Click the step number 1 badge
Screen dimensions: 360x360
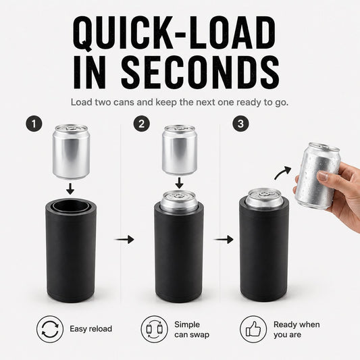pos(34,124)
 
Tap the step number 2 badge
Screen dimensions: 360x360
pos(142,124)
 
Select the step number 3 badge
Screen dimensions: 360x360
pos(240,124)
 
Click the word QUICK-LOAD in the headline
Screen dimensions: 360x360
pos(174,33)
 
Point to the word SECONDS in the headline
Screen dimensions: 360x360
pos(200,72)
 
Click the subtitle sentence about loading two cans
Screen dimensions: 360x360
pos(179,102)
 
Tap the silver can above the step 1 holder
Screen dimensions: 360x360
pos(71,151)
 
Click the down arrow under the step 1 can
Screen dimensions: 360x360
pos(70,188)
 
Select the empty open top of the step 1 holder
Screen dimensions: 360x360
pos(70,205)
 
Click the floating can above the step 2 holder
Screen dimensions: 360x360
pos(180,150)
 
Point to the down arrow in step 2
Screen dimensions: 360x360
pos(179,182)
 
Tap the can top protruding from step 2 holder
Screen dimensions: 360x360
pos(179,201)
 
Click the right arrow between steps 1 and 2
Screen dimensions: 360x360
pos(124,240)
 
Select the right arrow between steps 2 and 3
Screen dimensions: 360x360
pos(224,240)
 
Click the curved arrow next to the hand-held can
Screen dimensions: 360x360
pos(282,173)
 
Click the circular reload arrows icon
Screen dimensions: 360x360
pos(50,329)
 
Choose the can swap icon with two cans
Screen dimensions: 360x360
pos(154,329)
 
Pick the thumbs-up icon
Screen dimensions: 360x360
pos(253,329)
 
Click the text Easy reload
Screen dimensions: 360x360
pos(91,329)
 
